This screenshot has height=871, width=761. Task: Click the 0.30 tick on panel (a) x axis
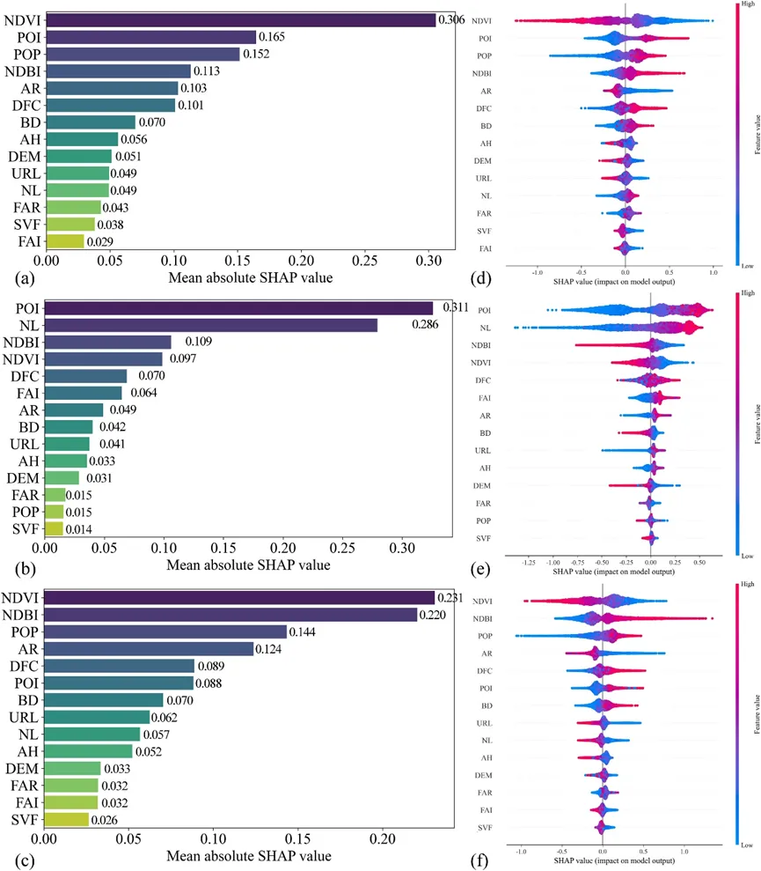pyautogui.click(x=428, y=262)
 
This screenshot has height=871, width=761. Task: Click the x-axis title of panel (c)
pyautogui.click(x=250, y=855)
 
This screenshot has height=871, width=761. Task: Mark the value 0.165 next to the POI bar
pyautogui.click(x=272, y=37)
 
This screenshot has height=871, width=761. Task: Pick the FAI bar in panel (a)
pyautogui.click(x=64, y=240)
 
